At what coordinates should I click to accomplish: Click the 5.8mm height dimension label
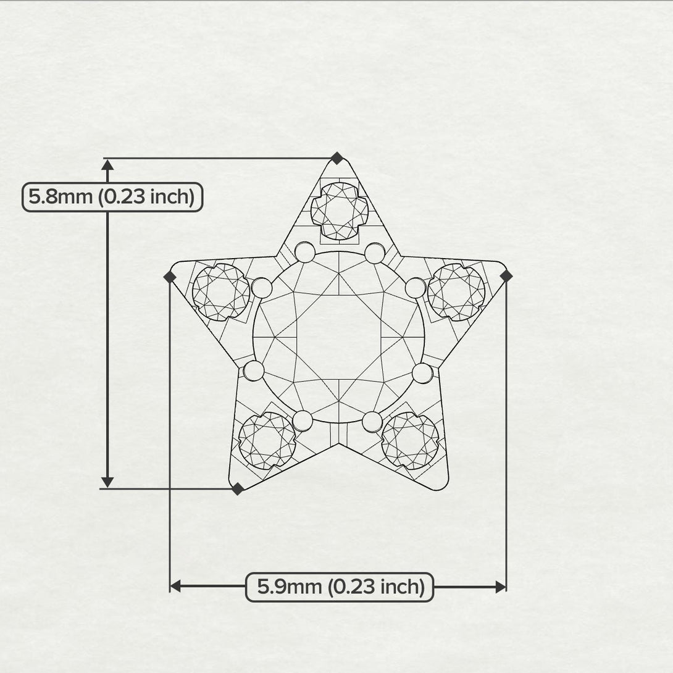point(112,197)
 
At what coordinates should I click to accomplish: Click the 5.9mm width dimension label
point(340,587)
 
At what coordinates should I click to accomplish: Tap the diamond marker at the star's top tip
point(336,158)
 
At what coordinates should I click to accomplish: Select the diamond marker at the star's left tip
point(170,277)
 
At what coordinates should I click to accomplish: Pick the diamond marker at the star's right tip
point(506,276)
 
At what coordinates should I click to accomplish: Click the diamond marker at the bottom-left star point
point(238,489)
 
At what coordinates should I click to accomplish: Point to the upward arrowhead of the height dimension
point(107,165)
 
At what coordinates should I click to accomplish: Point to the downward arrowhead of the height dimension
point(107,482)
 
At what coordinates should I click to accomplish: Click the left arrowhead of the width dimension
point(175,586)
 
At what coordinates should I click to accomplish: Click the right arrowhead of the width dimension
point(501,586)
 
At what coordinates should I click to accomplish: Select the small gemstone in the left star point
point(221,292)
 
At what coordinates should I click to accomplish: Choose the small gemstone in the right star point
point(456,292)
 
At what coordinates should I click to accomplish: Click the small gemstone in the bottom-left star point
point(267,440)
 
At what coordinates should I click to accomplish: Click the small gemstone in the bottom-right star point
point(410,440)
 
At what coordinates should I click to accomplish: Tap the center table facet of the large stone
point(339,336)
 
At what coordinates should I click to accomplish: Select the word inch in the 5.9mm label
point(400,587)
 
